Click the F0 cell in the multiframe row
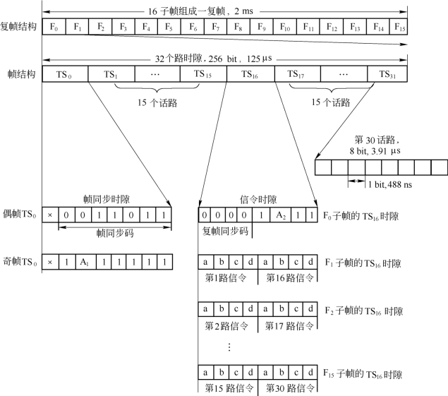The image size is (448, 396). click(54, 28)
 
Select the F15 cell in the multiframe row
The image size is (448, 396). click(400, 28)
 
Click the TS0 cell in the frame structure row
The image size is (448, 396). click(65, 74)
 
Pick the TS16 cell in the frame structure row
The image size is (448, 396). click(249, 74)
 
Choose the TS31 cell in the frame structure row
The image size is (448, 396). click(387, 74)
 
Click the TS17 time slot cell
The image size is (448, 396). click(296, 74)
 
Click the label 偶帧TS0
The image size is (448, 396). click(21, 214)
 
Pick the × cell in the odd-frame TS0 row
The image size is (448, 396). click(49, 262)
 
